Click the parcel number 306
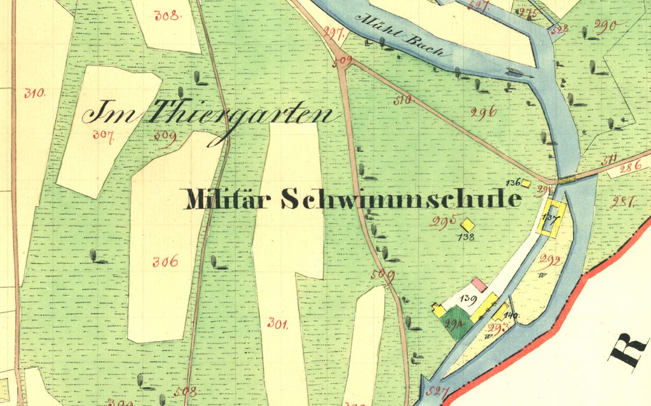(165, 261)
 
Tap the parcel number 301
(278, 323)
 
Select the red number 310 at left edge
(35, 93)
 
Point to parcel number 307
(103, 134)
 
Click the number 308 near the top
(167, 15)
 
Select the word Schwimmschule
(401, 199)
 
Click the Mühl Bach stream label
(399, 35)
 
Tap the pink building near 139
(479, 284)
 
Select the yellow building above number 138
(468, 225)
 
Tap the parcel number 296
(483, 113)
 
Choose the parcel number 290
(605, 25)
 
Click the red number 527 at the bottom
(437, 391)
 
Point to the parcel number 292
(549, 260)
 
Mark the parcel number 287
(622, 202)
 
